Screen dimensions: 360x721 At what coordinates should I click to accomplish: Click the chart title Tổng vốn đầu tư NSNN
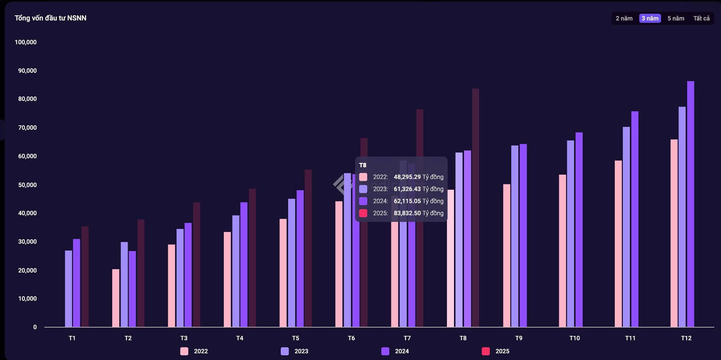coord(51,18)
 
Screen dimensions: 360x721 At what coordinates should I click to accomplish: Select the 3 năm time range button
coord(650,18)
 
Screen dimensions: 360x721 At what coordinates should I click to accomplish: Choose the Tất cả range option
coord(701,18)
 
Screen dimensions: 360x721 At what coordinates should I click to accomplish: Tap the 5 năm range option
coord(675,18)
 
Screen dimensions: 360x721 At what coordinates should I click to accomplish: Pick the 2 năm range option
coord(624,18)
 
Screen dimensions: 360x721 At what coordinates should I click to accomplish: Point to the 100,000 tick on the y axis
coord(26,42)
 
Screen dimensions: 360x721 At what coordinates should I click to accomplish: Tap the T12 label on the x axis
coord(686,338)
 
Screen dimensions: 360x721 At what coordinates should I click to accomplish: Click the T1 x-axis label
coord(72,338)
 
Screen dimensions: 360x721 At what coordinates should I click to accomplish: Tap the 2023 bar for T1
coord(68,289)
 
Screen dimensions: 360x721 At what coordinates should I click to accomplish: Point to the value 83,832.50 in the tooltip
coord(407,213)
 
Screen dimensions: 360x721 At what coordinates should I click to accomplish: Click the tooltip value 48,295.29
coord(407,177)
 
